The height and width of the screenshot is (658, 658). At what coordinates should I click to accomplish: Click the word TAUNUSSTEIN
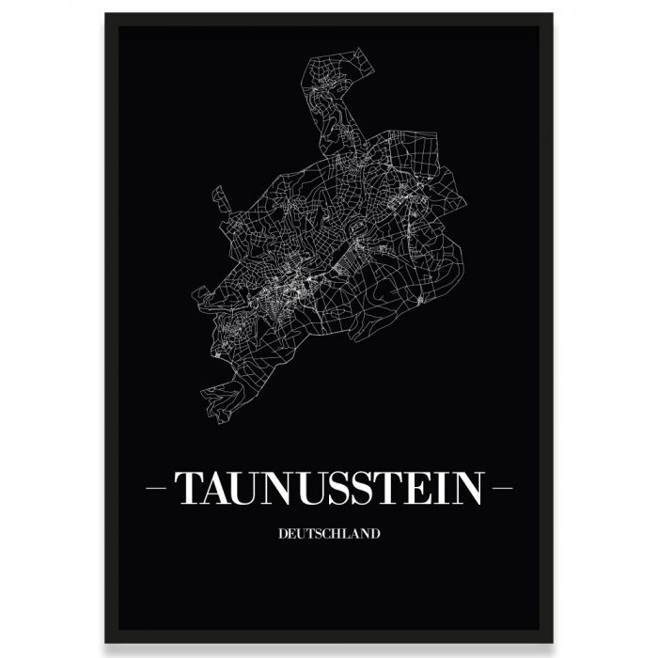tap(329, 489)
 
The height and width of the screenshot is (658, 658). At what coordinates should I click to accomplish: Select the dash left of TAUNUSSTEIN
tap(159, 490)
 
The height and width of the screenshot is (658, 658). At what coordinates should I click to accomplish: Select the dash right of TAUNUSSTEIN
tap(500, 490)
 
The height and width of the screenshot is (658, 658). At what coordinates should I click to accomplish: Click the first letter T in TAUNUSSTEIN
tap(187, 489)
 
